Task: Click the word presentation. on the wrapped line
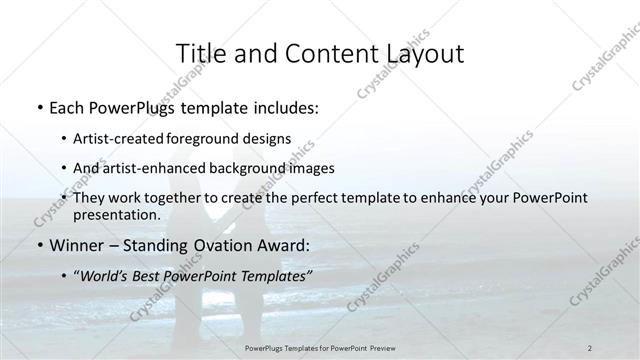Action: tap(117, 214)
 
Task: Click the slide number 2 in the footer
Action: tap(590, 348)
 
